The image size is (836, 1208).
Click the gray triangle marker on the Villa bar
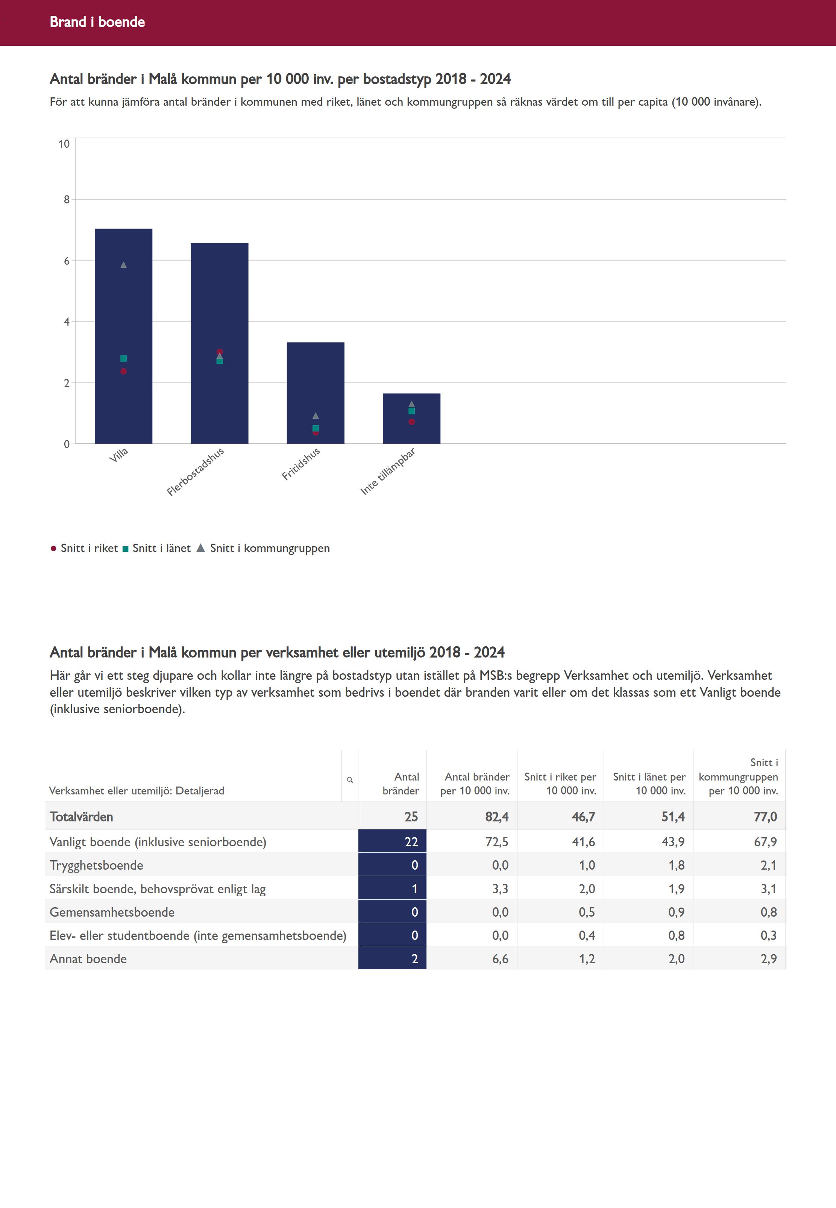(x=124, y=265)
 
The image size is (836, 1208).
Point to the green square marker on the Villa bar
(x=124, y=359)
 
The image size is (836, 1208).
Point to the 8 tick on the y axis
(x=67, y=200)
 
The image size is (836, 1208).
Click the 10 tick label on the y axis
(x=64, y=144)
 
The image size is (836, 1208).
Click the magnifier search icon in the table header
(x=350, y=780)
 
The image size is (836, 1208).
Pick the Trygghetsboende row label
(x=96, y=865)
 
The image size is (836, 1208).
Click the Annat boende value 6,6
(x=500, y=959)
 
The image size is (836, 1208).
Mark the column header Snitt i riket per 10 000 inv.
(x=560, y=784)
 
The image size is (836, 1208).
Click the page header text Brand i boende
(x=97, y=22)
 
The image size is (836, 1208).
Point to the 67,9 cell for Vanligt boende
(x=765, y=841)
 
